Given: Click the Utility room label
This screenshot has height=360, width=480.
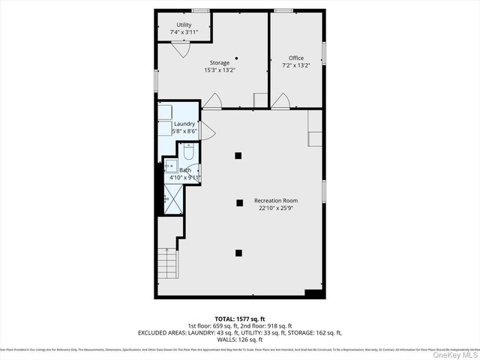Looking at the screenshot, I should [184, 25].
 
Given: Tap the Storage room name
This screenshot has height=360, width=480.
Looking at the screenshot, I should [220, 63].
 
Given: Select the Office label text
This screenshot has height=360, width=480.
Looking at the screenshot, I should [296, 58].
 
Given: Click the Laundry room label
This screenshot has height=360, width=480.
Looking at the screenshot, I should [184, 124].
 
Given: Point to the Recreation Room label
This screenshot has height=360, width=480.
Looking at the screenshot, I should [276, 200].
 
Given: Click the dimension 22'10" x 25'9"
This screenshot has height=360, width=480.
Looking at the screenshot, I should [276, 208].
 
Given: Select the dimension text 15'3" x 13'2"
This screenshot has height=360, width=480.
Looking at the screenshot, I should [220, 70].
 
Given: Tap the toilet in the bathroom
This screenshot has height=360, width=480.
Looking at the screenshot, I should [189, 154].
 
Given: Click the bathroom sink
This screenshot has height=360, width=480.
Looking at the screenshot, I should [169, 166].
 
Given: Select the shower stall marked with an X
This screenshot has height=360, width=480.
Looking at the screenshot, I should [172, 197].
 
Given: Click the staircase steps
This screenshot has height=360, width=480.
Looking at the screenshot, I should [168, 262].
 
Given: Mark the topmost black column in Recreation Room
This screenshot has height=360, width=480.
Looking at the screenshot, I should [238, 156].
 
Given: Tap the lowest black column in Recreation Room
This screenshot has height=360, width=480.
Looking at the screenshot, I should [238, 253].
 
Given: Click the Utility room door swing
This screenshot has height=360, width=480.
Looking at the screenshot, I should [180, 49].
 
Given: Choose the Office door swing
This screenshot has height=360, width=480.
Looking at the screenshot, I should [280, 100].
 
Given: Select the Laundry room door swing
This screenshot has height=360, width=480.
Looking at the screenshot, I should [208, 133].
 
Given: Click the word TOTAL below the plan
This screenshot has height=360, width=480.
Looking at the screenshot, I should [227, 319].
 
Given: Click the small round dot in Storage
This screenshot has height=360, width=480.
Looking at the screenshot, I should [235, 57].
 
